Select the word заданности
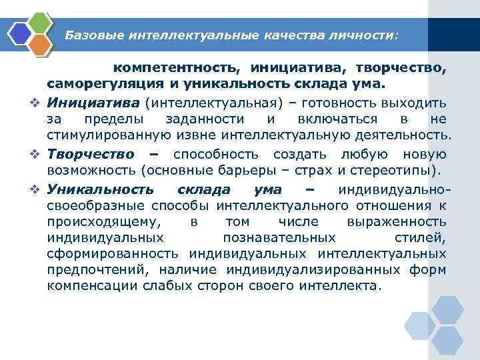pyautogui.click(x=205, y=119)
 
